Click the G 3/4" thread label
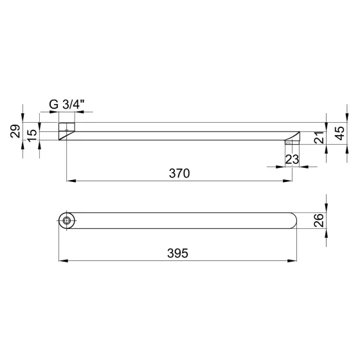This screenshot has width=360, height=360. coord(67,105)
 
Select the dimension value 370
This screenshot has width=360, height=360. coord(179,174)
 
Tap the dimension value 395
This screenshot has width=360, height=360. coord(177,253)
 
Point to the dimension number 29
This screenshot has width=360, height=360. coord(15,131)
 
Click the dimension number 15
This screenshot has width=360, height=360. coord(32,136)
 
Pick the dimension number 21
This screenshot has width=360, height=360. coord(319,138)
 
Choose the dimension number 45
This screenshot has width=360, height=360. coord(340,133)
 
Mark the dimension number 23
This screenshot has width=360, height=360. coord(292,159)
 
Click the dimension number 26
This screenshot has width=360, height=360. coord(319,221)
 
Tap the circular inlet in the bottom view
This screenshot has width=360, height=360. coord(67,221)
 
